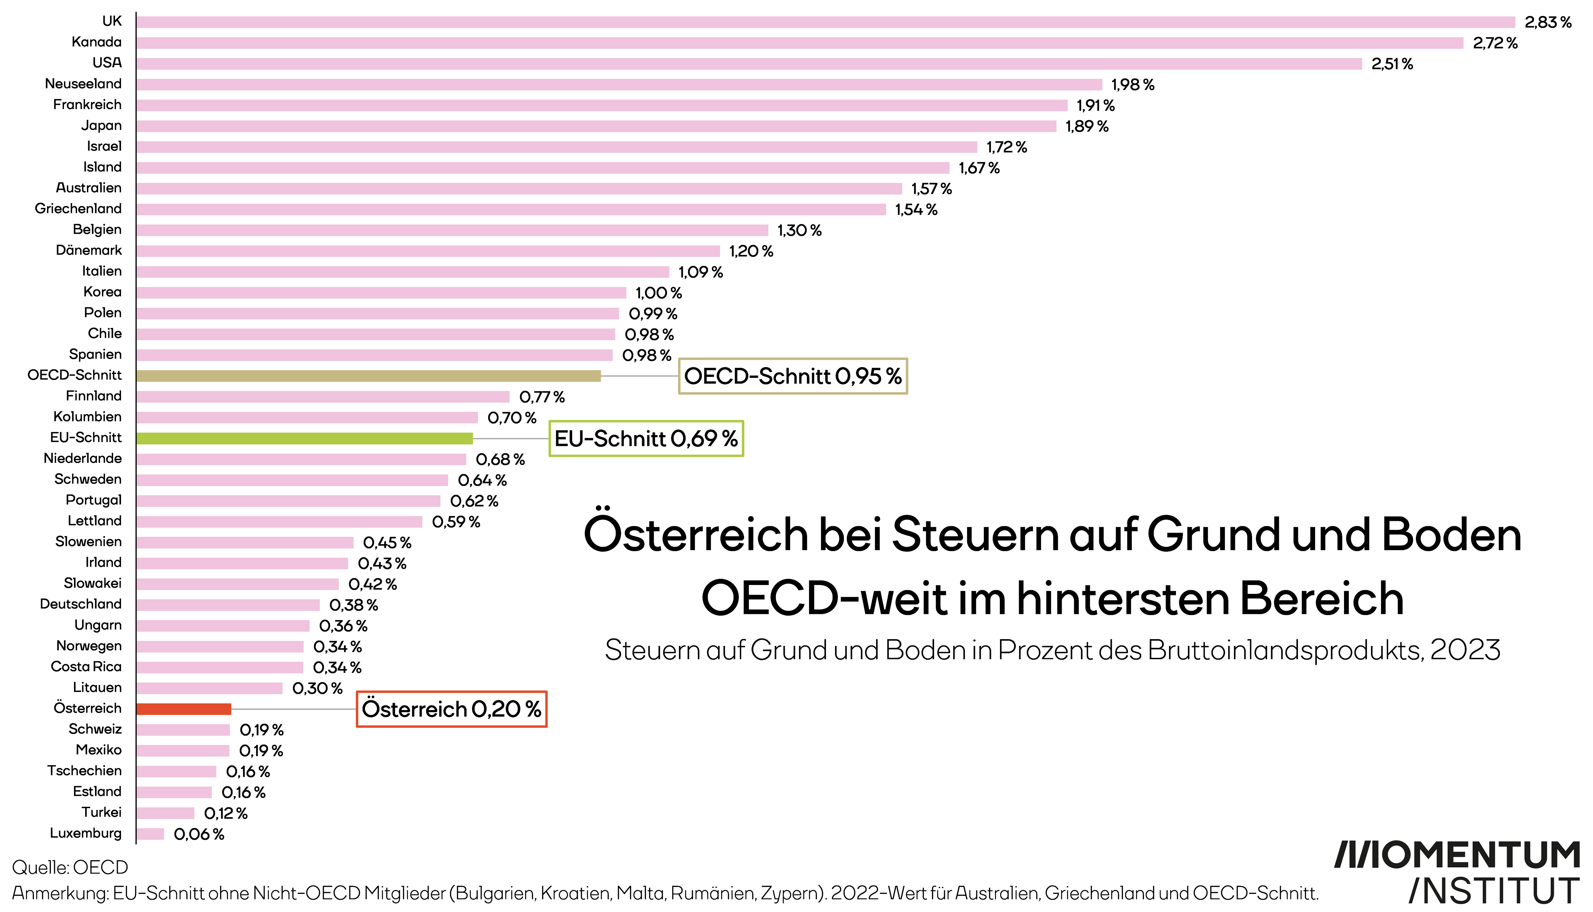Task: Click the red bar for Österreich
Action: (x=184, y=709)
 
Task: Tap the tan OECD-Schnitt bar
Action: (x=368, y=376)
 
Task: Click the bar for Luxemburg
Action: (x=150, y=834)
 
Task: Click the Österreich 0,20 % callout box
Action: (x=451, y=709)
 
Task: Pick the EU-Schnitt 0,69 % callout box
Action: (x=646, y=438)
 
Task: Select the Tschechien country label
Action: (x=85, y=770)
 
